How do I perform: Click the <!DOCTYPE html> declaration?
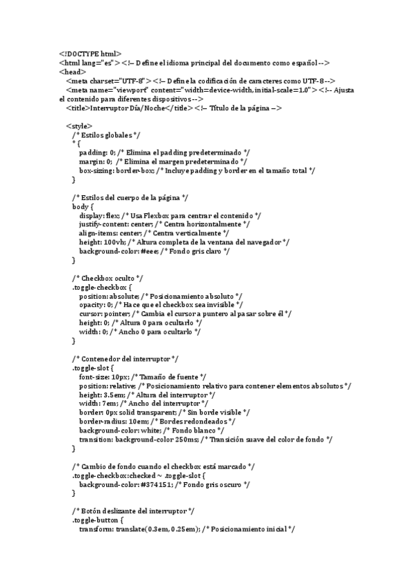[x=90, y=53]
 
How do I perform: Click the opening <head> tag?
[x=72, y=71]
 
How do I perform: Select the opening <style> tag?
[x=79, y=126]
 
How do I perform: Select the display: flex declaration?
[x=100, y=215]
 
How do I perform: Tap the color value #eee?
[x=151, y=251]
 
